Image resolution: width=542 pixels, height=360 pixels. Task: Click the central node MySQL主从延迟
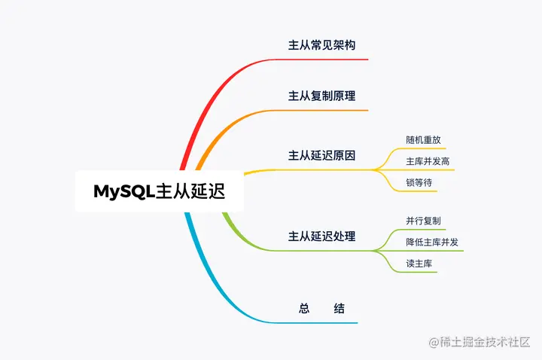159,191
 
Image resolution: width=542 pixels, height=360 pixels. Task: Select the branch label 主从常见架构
321,45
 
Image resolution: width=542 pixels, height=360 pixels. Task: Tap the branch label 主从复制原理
321,96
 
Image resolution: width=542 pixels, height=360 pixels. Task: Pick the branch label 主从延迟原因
321,156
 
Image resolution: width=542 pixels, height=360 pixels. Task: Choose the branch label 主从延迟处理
321,236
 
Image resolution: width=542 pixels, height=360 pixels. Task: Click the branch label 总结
321,308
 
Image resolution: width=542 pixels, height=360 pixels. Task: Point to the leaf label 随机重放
423,140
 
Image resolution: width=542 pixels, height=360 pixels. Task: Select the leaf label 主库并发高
428,161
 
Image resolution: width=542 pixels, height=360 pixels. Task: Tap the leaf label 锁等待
419,183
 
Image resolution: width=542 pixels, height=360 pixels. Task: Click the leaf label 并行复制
423,221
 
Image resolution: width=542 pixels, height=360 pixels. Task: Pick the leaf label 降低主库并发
432,242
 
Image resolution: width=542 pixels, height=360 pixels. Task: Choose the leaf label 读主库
419,264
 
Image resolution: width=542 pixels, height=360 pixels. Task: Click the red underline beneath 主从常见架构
324,59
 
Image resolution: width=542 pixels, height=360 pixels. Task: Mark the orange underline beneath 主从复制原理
324,111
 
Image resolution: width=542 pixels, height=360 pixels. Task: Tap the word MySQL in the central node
123,191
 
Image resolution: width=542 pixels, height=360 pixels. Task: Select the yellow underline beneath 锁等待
419,192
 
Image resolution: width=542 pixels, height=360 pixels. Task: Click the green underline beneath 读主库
419,272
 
